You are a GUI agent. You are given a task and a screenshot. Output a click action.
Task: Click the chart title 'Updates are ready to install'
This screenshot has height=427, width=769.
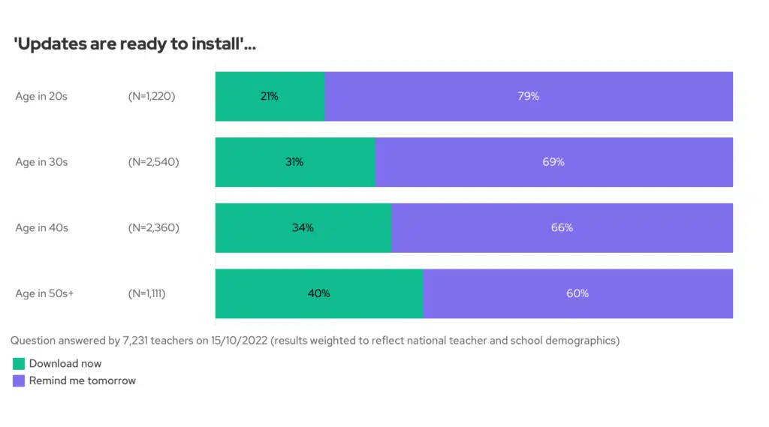coord(135,44)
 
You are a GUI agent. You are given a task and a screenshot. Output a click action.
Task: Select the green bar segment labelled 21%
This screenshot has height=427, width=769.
coord(270,96)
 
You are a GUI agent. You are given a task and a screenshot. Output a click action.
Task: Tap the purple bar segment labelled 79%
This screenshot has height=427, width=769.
coord(529,96)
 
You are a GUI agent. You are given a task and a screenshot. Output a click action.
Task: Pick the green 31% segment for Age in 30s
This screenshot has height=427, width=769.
coord(294,162)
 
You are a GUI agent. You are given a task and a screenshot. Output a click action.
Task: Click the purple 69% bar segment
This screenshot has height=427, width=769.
coord(553,162)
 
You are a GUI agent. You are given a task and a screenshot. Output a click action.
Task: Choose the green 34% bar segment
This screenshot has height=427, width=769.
coord(303,227)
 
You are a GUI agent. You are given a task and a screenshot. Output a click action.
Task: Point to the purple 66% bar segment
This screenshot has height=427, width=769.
coord(562,227)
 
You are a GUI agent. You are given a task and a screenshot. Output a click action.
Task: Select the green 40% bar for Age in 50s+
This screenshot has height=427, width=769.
coord(318,293)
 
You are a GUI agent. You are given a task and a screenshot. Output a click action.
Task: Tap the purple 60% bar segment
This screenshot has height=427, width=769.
coord(578,293)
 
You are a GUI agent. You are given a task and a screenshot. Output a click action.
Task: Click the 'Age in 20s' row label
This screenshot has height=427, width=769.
coord(41,96)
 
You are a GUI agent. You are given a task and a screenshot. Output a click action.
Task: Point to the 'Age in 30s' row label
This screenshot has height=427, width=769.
coord(41,162)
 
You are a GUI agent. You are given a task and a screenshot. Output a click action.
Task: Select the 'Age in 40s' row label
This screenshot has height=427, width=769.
coord(41,227)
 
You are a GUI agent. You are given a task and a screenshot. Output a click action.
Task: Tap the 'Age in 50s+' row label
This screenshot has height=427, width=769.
coord(44,293)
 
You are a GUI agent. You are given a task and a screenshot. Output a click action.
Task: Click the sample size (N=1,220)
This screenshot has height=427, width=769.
coord(152,96)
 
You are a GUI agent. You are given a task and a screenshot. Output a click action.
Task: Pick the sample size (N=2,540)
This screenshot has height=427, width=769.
coord(153,162)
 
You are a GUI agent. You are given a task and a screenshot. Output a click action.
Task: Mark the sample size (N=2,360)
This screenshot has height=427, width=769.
coord(153,227)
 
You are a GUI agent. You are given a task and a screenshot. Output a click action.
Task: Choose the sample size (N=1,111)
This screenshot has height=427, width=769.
coord(147,293)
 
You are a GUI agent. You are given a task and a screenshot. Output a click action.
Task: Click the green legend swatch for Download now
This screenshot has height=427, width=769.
coord(19,364)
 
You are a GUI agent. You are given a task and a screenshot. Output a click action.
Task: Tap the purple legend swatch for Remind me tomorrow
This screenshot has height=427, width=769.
coord(19,381)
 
